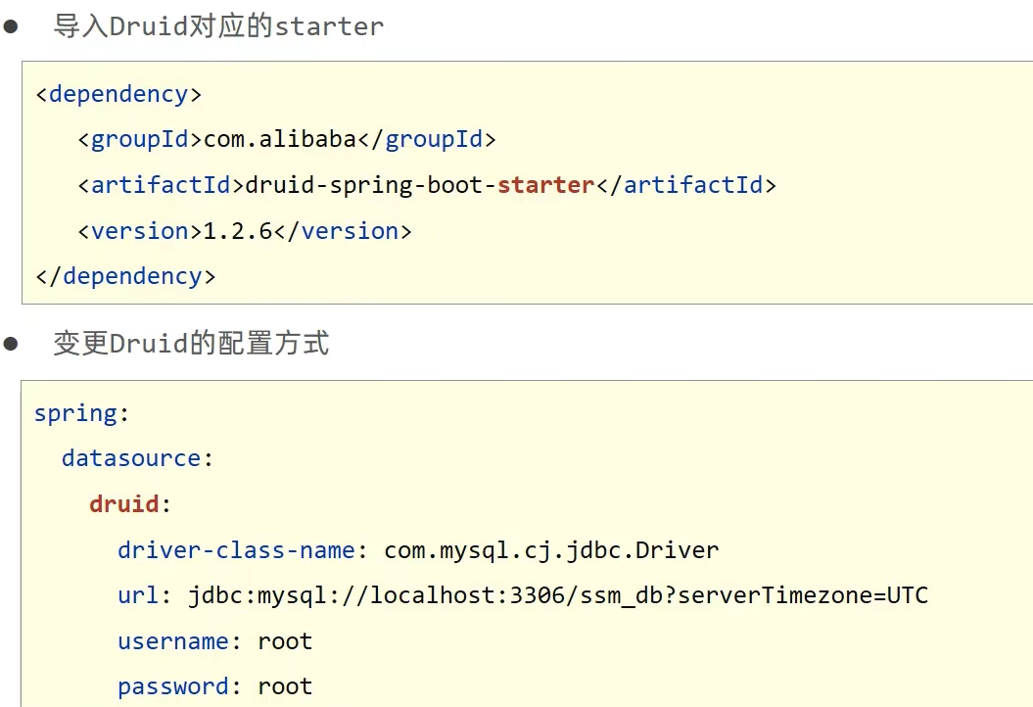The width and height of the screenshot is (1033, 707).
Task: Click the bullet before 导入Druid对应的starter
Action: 11,26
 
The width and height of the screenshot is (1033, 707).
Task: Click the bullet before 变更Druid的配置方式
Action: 11,344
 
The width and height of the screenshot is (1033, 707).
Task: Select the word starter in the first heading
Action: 329,26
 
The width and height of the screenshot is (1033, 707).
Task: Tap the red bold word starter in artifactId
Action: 545,185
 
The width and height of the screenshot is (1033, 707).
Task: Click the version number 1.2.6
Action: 238,231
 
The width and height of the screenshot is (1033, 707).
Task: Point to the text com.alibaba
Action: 280,140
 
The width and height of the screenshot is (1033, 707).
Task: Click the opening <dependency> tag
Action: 118,94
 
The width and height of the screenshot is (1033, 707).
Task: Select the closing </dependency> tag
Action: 125,276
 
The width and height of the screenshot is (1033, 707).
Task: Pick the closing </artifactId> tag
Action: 685,185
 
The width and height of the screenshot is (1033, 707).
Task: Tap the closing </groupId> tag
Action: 427,140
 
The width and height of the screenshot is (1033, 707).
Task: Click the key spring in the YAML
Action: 75,413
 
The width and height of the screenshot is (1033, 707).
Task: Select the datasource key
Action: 131,458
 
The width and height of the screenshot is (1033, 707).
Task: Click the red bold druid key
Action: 124,504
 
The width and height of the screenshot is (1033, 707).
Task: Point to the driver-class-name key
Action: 236,550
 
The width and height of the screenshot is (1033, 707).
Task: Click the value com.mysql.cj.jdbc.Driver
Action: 551,550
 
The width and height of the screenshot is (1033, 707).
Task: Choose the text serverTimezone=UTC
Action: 802,595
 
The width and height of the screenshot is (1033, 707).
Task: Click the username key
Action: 173,641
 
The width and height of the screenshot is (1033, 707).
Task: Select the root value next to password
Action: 285,686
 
